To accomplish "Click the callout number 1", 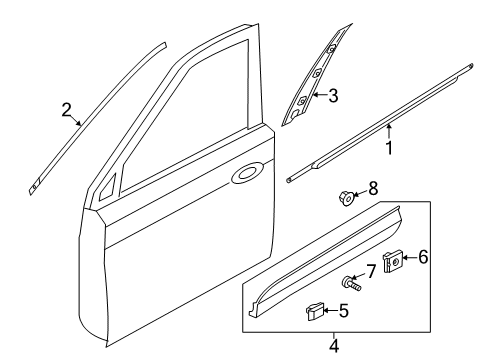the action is click(389, 148).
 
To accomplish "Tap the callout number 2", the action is click(66, 110).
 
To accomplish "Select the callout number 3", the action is click(333, 96).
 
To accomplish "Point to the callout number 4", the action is click(334, 346).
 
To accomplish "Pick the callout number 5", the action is click(344, 311).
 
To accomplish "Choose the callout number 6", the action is click(423, 257).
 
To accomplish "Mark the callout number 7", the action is click(371, 271).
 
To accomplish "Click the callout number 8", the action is click(373, 189).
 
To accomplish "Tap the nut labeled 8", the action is click(346, 198).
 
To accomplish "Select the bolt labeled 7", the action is click(351, 284).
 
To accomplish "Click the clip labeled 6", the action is click(392, 262).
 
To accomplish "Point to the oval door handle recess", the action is click(247, 173).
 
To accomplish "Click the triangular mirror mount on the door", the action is click(108, 190).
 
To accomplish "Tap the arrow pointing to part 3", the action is click(320, 95).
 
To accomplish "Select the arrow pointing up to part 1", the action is click(389, 131).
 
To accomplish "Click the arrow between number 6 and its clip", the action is click(410, 257).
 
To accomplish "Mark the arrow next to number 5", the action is click(331, 311).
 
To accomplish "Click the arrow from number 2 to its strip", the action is click(76, 121).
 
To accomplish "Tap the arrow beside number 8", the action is click(359, 193).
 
